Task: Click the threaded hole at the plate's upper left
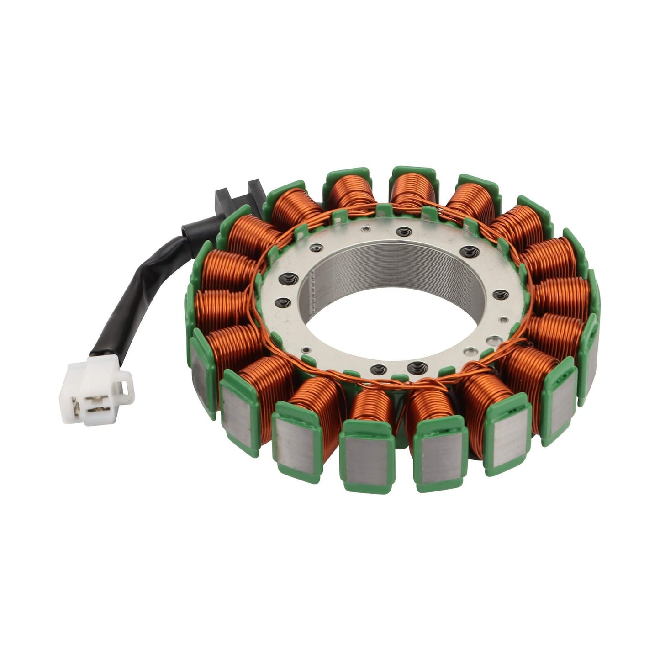point(314,249)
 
